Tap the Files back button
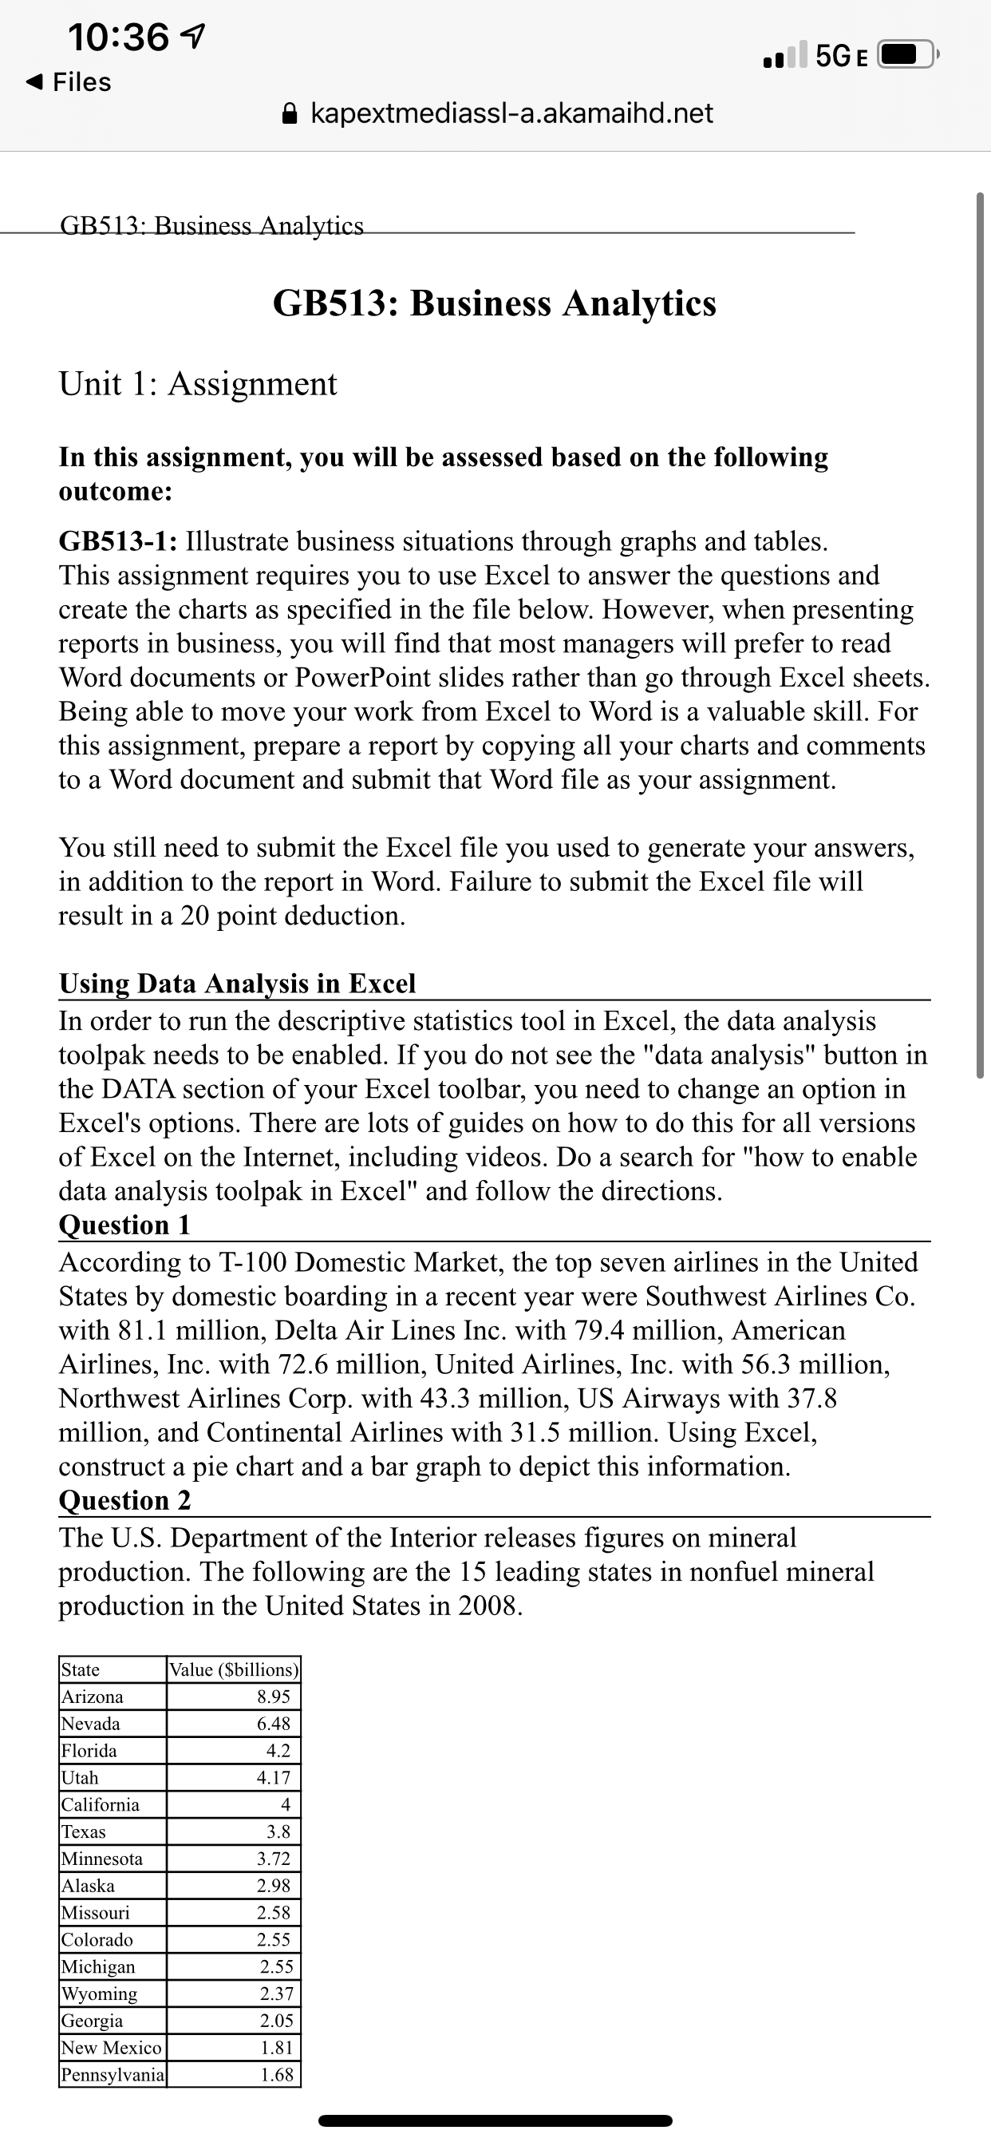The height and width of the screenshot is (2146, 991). (x=70, y=81)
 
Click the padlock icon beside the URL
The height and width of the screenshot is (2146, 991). (x=290, y=113)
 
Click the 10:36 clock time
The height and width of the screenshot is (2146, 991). (x=119, y=38)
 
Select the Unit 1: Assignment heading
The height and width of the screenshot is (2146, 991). (x=198, y=384)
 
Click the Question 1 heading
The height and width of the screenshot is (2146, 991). (x=125, y=1225)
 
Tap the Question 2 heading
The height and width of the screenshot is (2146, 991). (x=125, y=1499)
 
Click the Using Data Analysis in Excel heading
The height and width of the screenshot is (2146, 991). (x=237, y=983)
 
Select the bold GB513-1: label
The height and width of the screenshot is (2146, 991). (x=117, y=541)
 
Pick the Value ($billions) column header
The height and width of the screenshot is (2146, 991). (x=233, y=1669)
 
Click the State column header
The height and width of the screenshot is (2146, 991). (x=81, y=1669)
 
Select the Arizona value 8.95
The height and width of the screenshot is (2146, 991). (x=273, y=1697)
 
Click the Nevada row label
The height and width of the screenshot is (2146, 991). (x=91, y=1724)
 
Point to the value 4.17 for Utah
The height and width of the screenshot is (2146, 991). (x=273, y=1778)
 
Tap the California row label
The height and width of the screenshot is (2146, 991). (x=101, y=1804)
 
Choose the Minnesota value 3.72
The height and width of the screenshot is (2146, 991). (x=273, y=1859)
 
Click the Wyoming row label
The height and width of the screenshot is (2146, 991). (x=100, y=1994)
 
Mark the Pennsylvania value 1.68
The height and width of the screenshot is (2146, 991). (x=277, y=2074)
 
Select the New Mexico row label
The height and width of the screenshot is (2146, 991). (x=112, y=2048)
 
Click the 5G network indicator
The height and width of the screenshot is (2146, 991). (x=842, y=56)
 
